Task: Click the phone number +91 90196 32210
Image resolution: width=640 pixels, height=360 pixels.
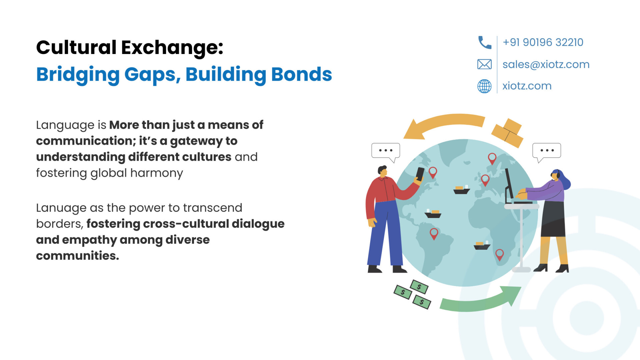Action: click(543, 42)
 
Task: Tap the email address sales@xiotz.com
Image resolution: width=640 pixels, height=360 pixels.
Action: click(546, 64)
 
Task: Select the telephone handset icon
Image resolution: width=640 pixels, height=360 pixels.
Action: click(485, 42)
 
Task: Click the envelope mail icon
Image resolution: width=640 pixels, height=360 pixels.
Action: click(484, 64)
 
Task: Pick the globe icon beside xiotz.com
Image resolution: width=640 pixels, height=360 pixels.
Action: click(484, 86)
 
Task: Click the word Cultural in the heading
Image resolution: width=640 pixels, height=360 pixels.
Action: click(76, 47)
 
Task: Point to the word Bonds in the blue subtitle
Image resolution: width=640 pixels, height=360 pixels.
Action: click(301, 74)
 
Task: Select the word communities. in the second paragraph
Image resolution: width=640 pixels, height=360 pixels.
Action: click(77, 256)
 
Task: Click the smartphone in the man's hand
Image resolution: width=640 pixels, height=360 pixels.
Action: click(420, 174)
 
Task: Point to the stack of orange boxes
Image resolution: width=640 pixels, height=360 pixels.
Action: click(507, 133)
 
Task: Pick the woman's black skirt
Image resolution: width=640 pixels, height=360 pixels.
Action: click(553, 219)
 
